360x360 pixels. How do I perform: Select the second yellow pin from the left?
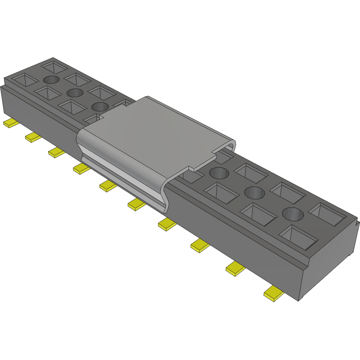click(x=33, y=137)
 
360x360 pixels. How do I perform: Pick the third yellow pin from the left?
click(x=56, y=152)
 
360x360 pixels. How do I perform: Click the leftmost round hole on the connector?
click(x=51, y=80)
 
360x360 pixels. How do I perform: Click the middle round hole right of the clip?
click(x=254, y=192)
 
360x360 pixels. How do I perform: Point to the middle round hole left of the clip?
click(x=75, y=92)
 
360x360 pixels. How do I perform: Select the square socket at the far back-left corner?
click(x=54, y=67)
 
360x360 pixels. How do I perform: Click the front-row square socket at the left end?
click(x=24, y=80)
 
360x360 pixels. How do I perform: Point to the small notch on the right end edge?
click(x=357, y=224)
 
